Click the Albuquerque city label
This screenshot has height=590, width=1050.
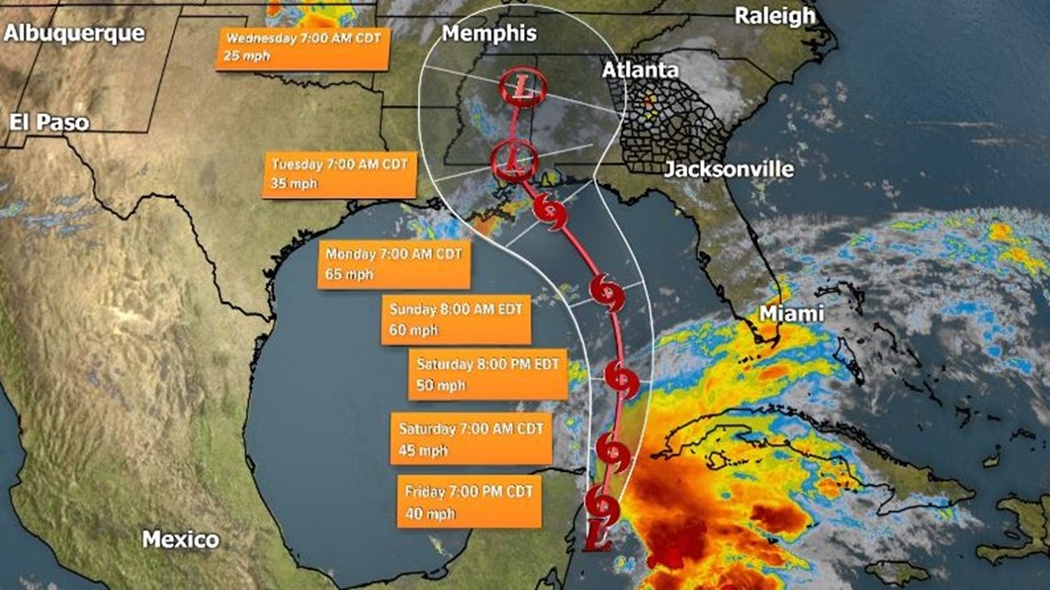click(x=75, y=34)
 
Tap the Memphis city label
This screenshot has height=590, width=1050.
click(x=489, y=34)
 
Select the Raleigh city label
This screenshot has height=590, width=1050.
click(x=775, y=16)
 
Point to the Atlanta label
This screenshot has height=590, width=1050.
click(x=640, y=70)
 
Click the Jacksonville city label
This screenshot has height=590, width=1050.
click(x=729, y=169)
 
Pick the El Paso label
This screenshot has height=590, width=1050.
click(x=50, y=121)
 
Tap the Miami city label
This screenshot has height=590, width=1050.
click(x=790, y=314)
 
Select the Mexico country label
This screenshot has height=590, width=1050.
click(x=181, y=539)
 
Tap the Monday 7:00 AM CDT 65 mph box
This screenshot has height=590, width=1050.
click(x=395, y=264)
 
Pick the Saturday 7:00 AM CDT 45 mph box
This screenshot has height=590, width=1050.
click(x=472, y=439)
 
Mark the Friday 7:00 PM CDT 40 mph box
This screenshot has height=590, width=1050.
click(x=477, y=502)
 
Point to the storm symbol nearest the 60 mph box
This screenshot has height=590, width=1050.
click(x=608, y=293)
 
